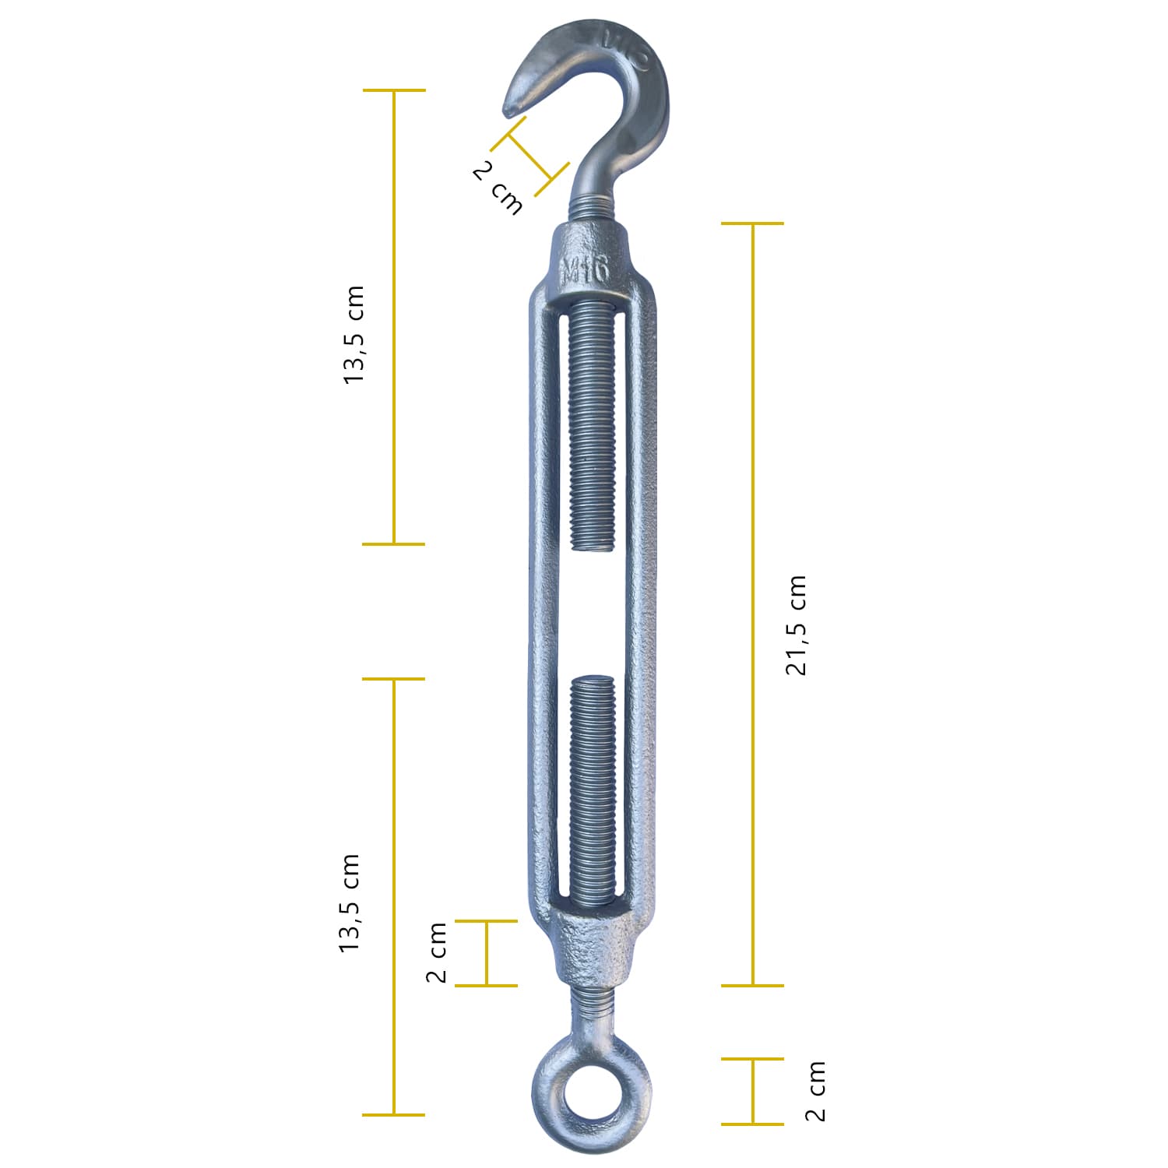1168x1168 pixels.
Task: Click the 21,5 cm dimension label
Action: [797, 625]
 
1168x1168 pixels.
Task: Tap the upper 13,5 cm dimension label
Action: [353, 335]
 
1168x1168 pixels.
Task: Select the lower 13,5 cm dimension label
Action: [350, 903]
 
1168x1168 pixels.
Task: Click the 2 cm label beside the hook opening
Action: [498, 188]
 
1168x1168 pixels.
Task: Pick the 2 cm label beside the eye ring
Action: [814, 1091]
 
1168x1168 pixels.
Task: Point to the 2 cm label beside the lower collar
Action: [436, 952]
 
